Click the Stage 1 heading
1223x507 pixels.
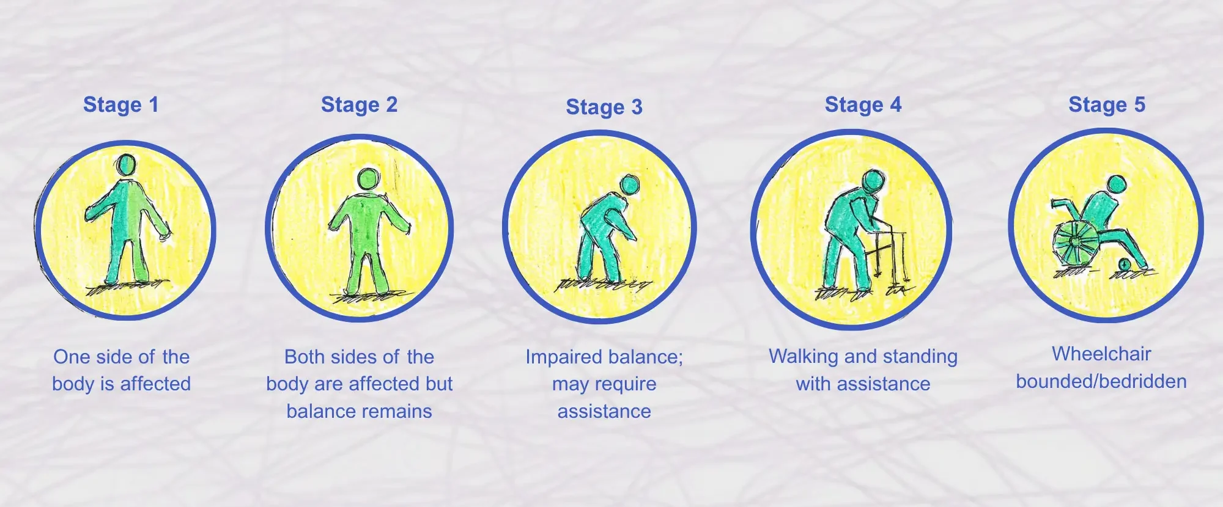tap(121, 105)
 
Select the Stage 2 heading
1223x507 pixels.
tap(360, 105)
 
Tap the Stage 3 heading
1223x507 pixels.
tap(604, 108)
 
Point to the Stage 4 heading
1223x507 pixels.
tap(863, 105)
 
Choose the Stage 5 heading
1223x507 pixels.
tap(1107, 105)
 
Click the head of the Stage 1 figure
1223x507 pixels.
tap(127, 165)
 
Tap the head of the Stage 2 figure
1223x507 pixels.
tap(368, 179)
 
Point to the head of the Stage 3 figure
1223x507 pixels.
tap(629, 184)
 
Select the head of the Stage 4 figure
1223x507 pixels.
tap(873, 181)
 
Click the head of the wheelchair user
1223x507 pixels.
tap(1117, 184)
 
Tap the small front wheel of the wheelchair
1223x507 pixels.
tap(1124, 264)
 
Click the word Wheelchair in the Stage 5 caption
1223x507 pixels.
tap(1101, 354)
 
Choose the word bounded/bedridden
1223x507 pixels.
tap(1101, 382)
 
